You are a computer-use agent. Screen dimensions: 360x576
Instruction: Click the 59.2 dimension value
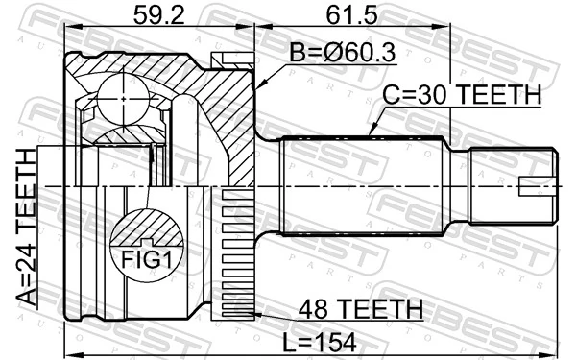158,17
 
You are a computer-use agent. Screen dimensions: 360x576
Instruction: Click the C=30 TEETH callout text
463,96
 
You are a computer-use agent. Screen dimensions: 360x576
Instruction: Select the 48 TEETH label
362,308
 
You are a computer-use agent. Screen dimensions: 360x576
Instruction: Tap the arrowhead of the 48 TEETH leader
252,314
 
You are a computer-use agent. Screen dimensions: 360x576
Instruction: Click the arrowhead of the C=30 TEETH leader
371,133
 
